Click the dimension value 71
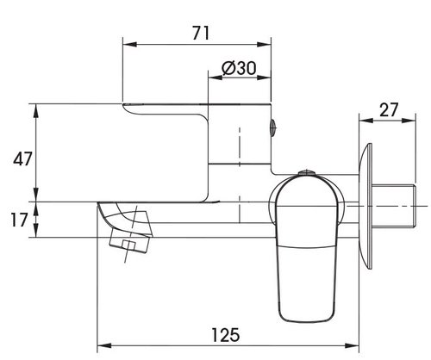(201, 33)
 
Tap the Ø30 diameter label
(239, 68)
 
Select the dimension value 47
(22, 158)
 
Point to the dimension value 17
(19, 220)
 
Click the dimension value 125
(226, 335)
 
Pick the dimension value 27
(390, 109)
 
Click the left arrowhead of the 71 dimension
(129, 45)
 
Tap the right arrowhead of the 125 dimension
(352, 345)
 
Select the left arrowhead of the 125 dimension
(104, 345)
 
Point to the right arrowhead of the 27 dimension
(409, 121)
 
